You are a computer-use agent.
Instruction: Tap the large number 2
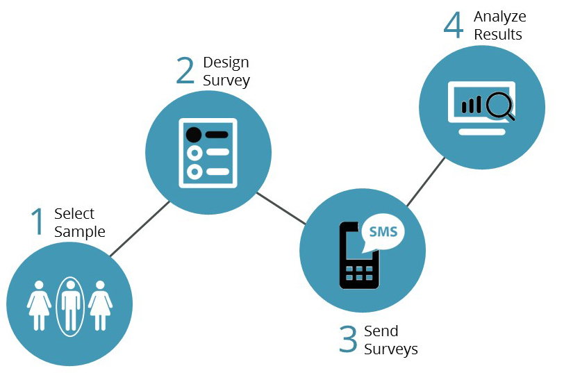[x=185, y=70]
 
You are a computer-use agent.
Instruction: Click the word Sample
[x=80, y=232]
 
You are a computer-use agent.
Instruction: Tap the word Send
[x=381, y=331]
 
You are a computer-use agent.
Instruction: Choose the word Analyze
[x=500, y=17]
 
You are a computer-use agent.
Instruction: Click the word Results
[x=498, y=34]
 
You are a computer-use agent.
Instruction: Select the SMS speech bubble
[x=382, y=232]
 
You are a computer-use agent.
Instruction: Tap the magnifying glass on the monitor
[x=499, y=106]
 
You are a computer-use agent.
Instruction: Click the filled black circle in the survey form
[x=194, y=134]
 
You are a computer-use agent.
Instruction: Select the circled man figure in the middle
[x=69, y=306]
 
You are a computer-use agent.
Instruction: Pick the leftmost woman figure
[x=39, y=306]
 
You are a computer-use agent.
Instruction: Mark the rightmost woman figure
[x=101, y=306]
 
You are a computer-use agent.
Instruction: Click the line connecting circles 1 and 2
[x=139, y=229]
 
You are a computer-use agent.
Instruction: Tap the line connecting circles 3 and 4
[x=426, y=181]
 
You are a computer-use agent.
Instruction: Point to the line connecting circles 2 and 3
[x=281, y=208]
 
